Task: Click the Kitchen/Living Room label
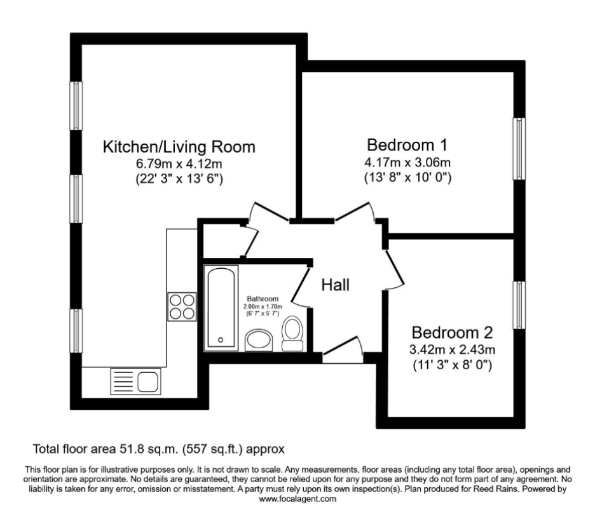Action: tap(179, 147)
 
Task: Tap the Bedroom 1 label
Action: tap(407, 143)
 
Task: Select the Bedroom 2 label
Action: tap(452, 332)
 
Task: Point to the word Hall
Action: tap(335, 285)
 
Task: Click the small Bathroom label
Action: tap(263, 299)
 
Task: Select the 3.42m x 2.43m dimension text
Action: tap(452, 349)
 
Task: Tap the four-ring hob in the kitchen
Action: tap(182, 306)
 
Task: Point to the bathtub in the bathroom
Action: tap(221, 307)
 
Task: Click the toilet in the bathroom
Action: tap(292, 334)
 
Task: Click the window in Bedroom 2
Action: tap(520, 304)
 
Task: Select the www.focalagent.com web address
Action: tap(297, 499)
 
